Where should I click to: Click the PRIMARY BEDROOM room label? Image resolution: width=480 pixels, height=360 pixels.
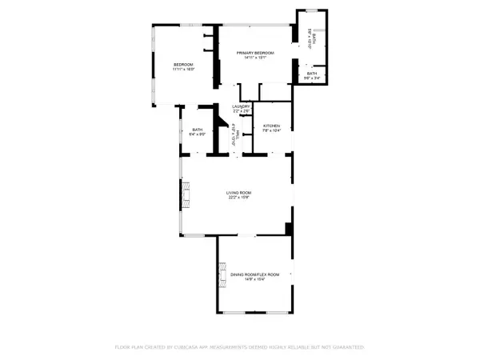[256, 53]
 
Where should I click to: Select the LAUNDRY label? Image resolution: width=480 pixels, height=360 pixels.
[242, 106]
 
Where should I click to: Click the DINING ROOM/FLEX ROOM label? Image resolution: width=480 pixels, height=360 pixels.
[256, 274]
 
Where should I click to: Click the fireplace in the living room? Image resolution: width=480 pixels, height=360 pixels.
[186, 194]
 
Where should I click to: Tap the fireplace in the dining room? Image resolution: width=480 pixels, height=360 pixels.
[221, 277]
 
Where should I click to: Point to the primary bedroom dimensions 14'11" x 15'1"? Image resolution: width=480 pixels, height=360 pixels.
[256, 58]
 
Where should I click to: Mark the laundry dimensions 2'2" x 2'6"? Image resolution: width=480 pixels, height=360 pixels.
[242, 111]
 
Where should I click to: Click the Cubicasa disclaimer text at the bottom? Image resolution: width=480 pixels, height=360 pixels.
[240, 348]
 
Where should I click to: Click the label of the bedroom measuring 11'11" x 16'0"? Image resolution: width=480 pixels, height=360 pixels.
[184, 65]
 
